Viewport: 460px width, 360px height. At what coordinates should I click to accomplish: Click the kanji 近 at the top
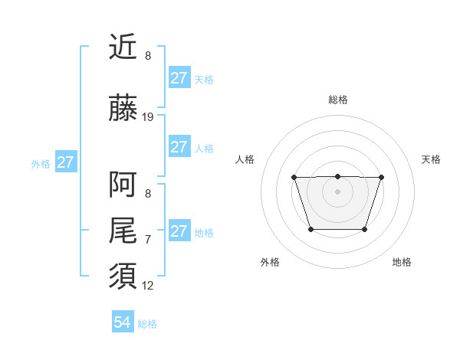123,47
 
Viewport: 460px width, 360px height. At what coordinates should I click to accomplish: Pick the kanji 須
123,276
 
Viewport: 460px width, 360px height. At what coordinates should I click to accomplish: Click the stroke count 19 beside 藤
148,117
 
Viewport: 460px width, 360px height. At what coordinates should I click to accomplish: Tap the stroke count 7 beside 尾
148,240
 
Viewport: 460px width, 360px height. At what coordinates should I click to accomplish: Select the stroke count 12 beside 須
148,286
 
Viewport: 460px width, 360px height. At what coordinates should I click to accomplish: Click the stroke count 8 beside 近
148,56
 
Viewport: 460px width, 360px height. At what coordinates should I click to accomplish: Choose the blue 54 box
123,322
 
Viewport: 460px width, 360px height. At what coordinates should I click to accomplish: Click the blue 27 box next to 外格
65,162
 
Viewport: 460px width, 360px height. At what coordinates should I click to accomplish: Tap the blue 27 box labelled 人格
179,147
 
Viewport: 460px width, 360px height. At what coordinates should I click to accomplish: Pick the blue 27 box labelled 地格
179,231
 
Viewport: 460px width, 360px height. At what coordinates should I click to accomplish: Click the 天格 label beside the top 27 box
204,79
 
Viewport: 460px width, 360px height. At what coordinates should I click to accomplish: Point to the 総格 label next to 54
147,324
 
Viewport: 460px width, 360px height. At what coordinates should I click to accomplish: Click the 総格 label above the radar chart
338,100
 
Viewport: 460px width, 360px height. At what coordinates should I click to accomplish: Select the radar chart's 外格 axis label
270,262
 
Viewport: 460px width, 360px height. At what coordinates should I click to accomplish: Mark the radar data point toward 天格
381,178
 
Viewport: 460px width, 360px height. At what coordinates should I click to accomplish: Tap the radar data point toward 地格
365,229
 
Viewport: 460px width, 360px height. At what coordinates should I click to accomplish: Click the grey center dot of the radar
337,191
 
